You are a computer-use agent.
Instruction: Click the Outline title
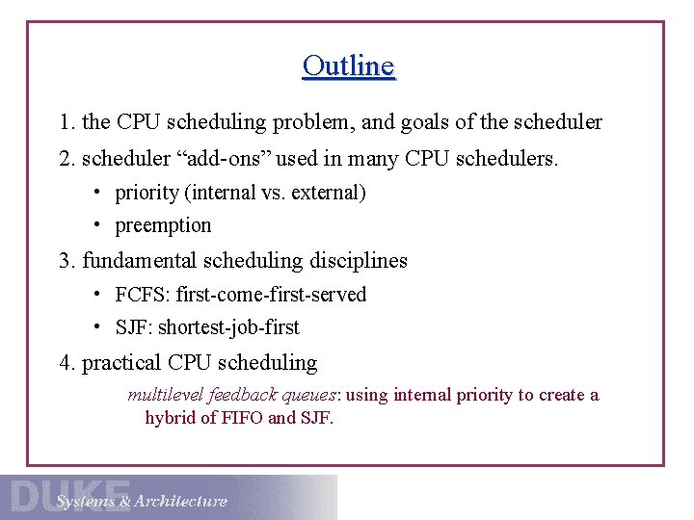coord(348,66)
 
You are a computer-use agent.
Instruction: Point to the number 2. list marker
coord(67,158)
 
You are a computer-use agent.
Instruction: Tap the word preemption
coord(163,225)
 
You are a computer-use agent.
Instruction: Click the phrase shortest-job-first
coord(228,327)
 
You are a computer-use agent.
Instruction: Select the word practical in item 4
coord(121,363)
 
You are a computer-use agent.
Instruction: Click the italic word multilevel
coord(161,395)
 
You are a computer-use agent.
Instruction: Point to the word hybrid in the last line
coord(171,418)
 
